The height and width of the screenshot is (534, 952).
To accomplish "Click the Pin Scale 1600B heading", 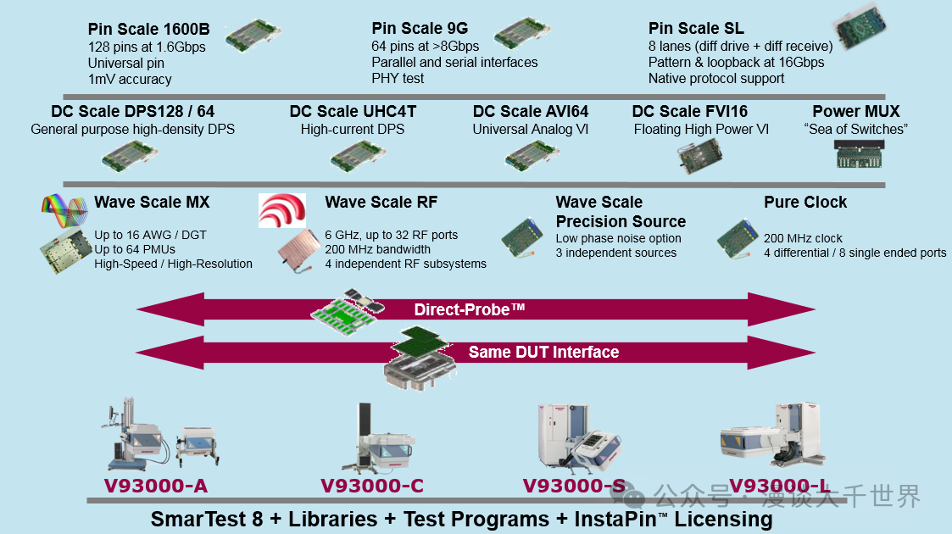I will pyautogui.click(x=148, y=30).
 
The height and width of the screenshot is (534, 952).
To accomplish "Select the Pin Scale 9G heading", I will pyautogui.click(x=419, y=29).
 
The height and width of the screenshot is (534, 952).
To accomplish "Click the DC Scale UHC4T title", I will pyautogui.click(x=353, y=112).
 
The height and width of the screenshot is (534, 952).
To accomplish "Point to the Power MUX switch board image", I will pyautogui.click(x=856, y=154).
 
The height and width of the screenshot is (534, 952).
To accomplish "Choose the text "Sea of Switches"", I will pyautogui.click(x=855, y=130).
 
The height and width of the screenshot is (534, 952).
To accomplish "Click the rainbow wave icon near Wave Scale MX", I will pyautogui.click(x=64, y=209).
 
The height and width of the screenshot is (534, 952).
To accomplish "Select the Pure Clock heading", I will pyautogui.click(x=805, y=203).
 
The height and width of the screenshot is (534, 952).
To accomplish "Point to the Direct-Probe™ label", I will pyautogui.click(x=470, y=309).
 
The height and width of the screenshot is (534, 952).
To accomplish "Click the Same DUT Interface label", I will pyautogui.click(x=543, y=352).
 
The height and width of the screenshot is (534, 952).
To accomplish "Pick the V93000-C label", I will pyautogui.click(x=371, y=486).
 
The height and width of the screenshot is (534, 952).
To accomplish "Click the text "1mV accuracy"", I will pyautogui.click(x=130, y=79).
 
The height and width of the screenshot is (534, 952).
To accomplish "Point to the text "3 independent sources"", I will pyautogui.click(x=615, y=253).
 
